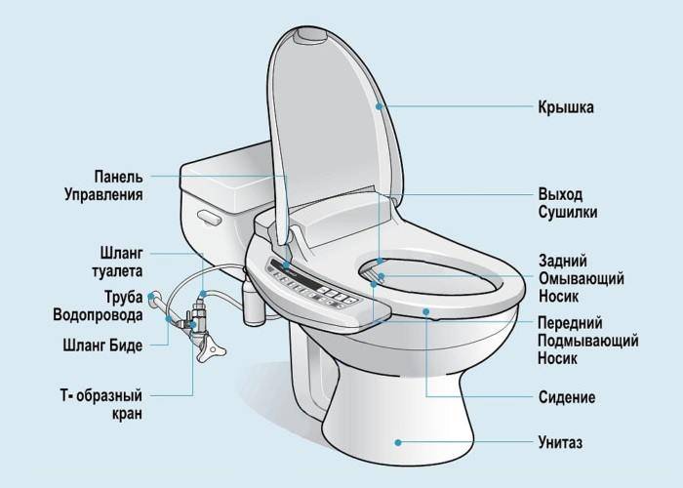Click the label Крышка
point(565,107)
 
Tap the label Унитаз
point(560,443)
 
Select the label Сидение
point(567,397)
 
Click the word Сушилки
point(568,212)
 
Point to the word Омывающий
point(582,279)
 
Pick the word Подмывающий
point(588,341)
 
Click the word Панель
point(118,177)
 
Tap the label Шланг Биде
point(102,346)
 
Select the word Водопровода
point(98,314)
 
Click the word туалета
point(117,271)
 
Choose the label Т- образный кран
point(101,404)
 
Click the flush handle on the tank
point(210,217)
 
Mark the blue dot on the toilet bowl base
point(398,443)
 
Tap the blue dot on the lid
point(379,105)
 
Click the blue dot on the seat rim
point(426,311)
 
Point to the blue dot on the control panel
point(286,264)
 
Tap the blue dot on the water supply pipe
point(151,297)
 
